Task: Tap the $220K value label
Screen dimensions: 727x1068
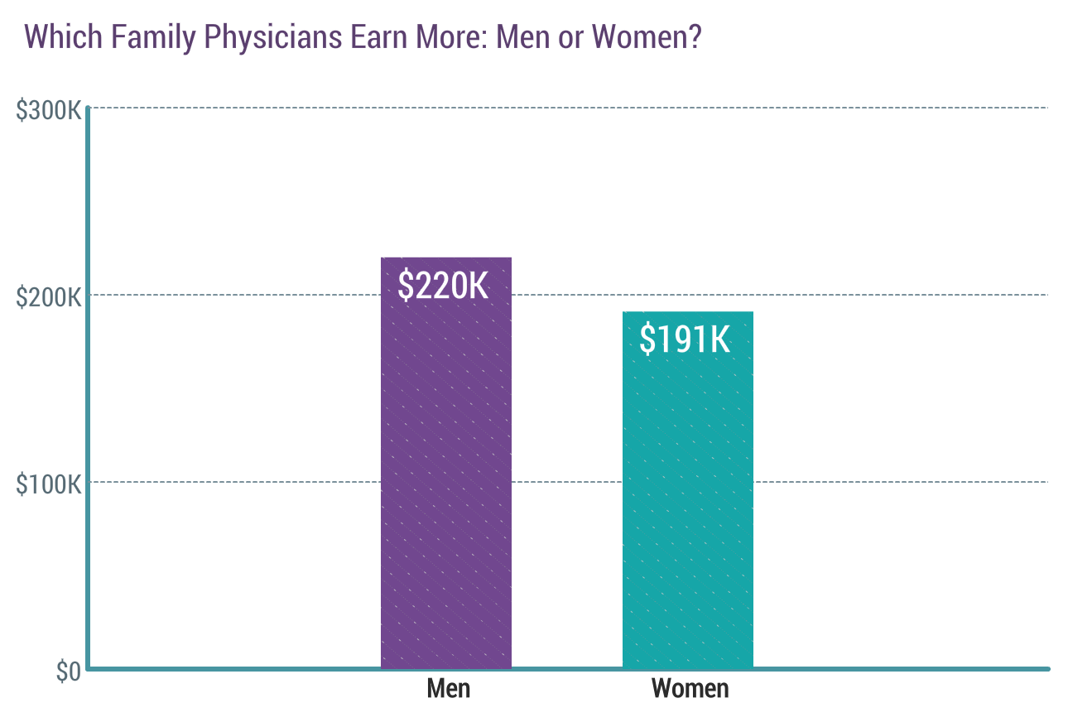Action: click(443, 286)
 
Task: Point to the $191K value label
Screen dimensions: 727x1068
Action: click(686, 339)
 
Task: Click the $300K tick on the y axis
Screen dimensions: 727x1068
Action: click(49, 109)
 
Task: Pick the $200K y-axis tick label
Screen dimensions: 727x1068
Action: click(49, 296)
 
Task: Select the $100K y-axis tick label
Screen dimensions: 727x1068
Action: click(49, 484)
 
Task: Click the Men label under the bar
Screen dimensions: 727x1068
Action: click(448, 688)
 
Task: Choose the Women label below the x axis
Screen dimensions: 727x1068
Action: click(690, 688)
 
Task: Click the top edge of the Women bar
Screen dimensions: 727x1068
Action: click(687, 312)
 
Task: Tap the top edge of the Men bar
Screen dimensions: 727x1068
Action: click(445, 258)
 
